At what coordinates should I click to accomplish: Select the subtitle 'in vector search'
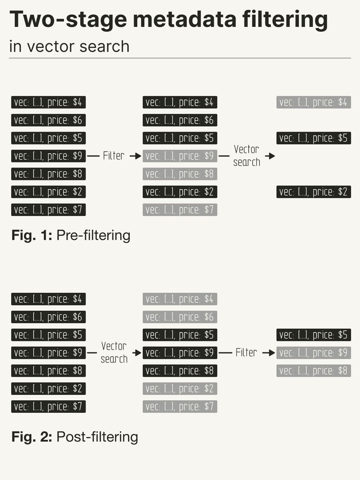pyautogui.click(x=69, y=46)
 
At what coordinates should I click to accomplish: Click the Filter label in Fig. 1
pyautogui.click(x=114, y=156)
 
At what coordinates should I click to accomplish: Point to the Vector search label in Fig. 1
pyautogui.click(x=246, y=156)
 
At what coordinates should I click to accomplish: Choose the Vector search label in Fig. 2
pyautogui.click(x=114, y=352)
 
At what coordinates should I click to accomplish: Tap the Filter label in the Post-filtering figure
pyautogui.click(x=246, y=353)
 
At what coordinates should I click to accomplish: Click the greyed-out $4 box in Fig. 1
pyautogui.click(x=314, y=102)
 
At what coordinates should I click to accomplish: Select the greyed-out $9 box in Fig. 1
pyautogui.click(x=180, y=156)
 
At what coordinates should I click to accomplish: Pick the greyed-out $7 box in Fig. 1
pyautogui.click(x=180, y=210)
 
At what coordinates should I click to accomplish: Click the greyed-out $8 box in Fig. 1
pyautogui.click(x=180, y=174)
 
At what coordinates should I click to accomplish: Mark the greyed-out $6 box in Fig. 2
pyautogui.click(x=180, y=317)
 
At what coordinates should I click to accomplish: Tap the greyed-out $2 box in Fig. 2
pyautogui.click(x=180, y=389)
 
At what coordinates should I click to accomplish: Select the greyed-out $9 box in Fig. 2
pyautogui.click(x=314, y=353)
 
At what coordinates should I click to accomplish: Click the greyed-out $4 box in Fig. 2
pyautogui.click(x=180, y=299)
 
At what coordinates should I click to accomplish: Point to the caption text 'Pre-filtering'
pyautogui.click(x=93, y=235)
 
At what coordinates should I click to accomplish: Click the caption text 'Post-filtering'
pyautogui.click(x=97, y=437)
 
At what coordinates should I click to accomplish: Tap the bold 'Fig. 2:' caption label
pyautogui.click(x=32, y=437)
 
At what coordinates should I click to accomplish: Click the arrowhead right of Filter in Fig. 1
pyautogui.click(x=136, y=156)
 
